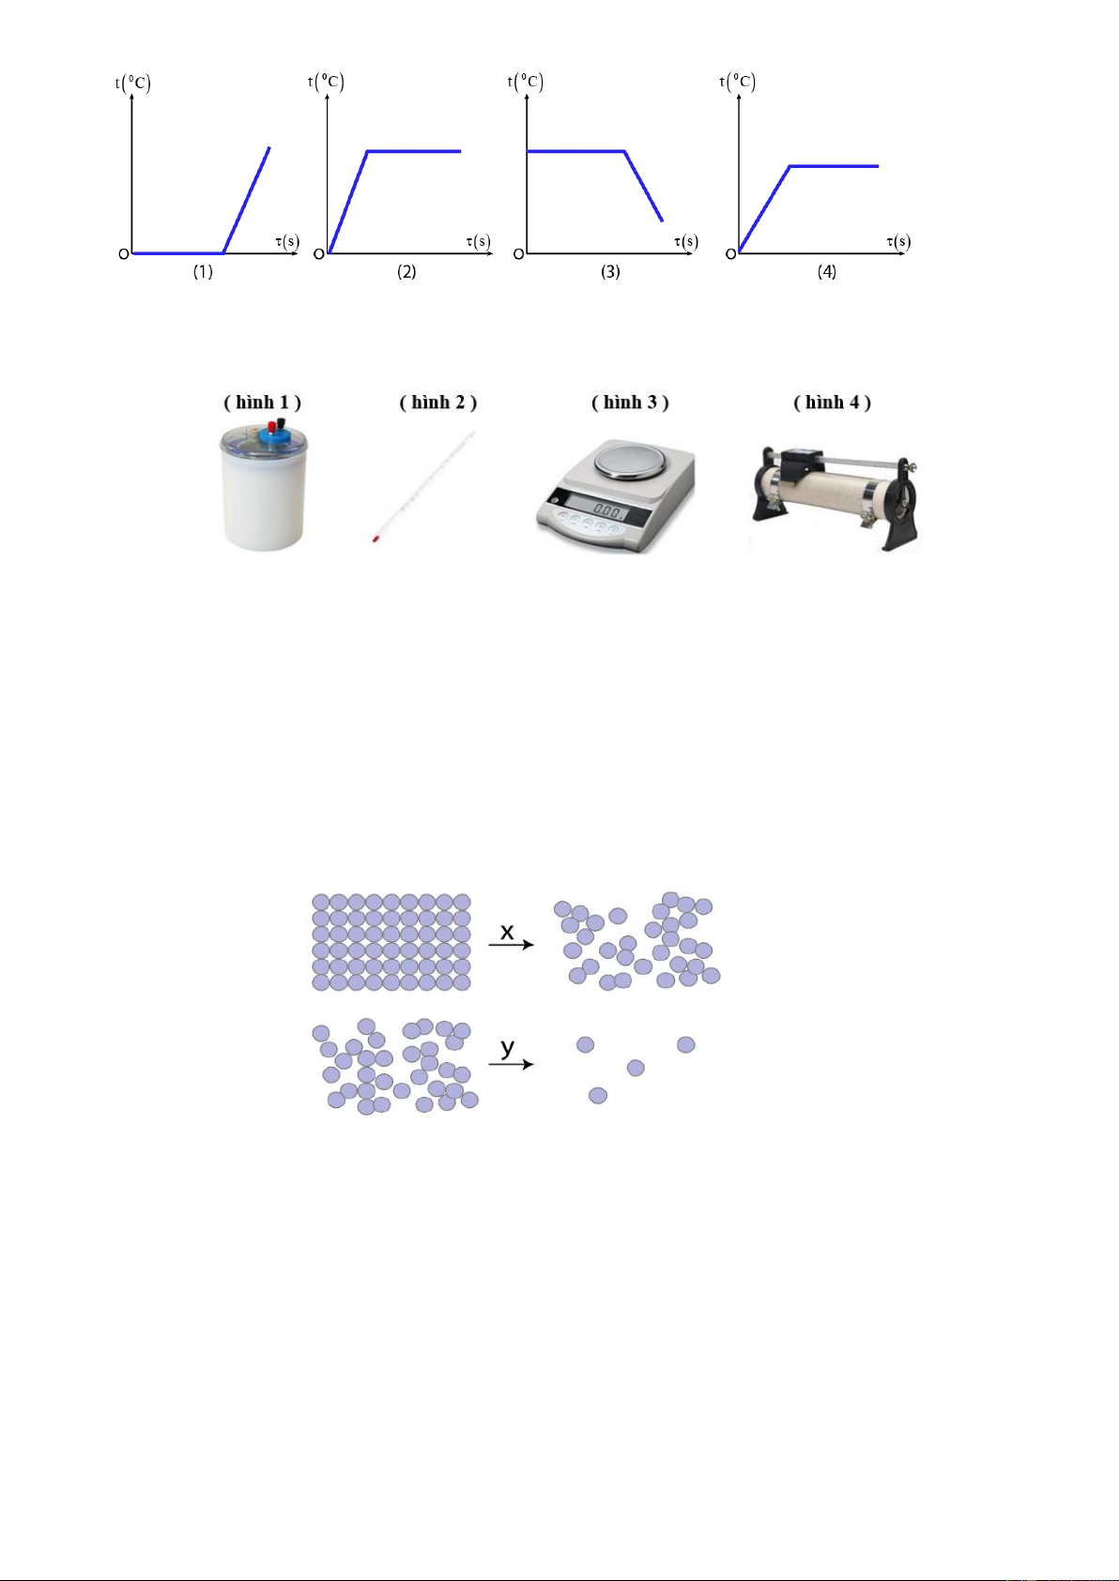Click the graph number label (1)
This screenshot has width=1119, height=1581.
(x=204, y=272)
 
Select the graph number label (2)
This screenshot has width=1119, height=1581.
(x=406, y=272)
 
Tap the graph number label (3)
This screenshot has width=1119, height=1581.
(x=611, y=272)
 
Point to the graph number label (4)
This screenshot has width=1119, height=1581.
(x=827, y=272)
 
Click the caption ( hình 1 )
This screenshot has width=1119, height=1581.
(x=263, y=403)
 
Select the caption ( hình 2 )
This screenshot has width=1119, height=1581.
(x=438, y=403)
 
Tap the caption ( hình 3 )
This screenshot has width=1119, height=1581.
(x=631, y=403)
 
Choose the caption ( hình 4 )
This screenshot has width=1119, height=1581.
(x=833, y=403)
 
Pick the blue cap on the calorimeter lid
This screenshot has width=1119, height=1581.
(x=272, y=437)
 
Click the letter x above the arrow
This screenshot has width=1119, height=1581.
(x=507, y=933)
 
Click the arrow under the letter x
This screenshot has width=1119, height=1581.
(x=511, y=945)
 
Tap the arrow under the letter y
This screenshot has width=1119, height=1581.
(x=511, y=1064)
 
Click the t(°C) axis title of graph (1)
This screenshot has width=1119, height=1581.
(x=133, y=84)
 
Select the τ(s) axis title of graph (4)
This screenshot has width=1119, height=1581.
(x=898, y=242)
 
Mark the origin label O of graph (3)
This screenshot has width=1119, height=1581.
(x=519, y=254)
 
